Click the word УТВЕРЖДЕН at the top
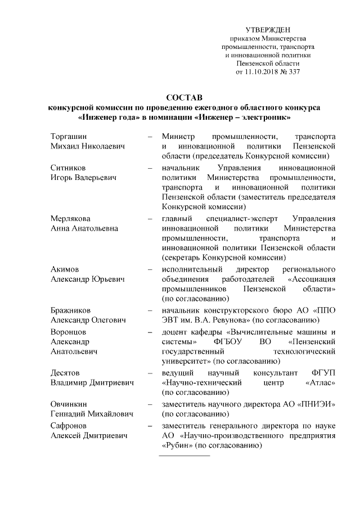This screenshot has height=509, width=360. [x=268, y=29]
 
